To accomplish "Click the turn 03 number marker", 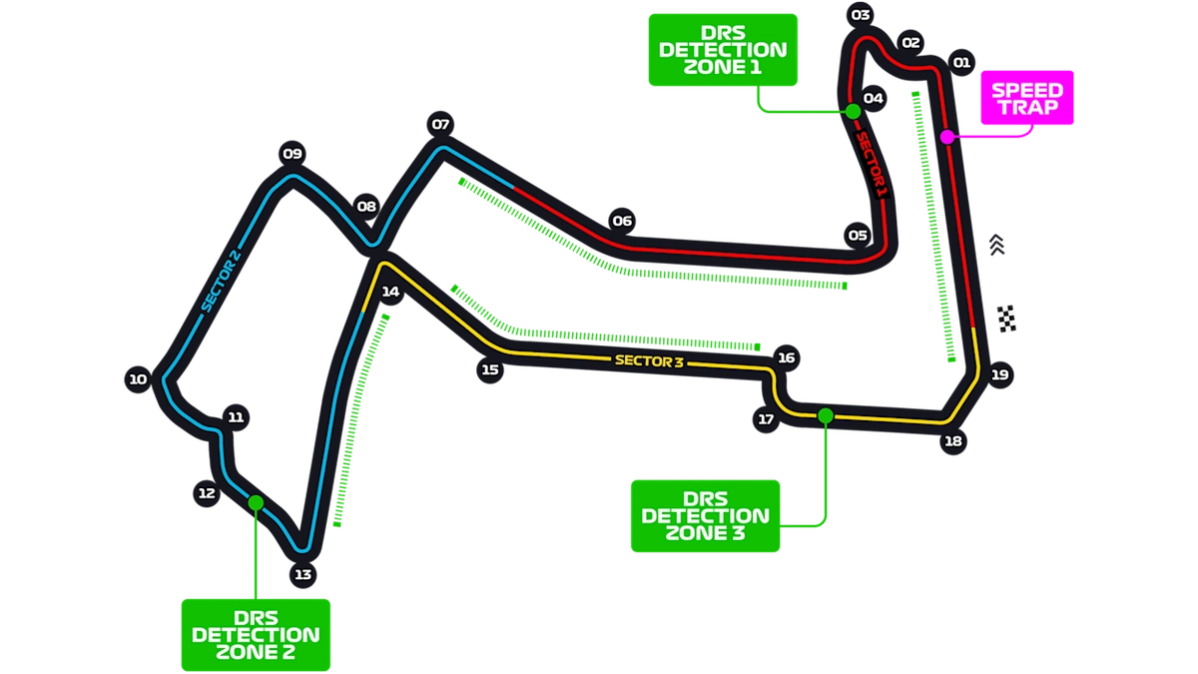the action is pos(861,15).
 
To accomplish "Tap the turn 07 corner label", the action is pos(440,125).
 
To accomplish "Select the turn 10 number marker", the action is pos(138,379).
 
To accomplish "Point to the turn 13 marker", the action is pos(303,574).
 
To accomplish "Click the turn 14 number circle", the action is pos(390,292).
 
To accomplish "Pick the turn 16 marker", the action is pos(787,357).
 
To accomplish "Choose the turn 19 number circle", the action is pos(1000,375).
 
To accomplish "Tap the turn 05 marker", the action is pos(858,236).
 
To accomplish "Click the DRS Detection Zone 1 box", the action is pos(723,50).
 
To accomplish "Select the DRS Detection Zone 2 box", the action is pos(256,635).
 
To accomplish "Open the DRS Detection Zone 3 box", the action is pos(706,516).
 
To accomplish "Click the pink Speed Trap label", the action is pos(1027,98).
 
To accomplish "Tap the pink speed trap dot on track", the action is pos(947,137).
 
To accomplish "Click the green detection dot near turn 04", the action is pos(853,111).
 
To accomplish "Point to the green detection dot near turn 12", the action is pos(256,503).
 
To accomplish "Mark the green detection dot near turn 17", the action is pos(826,415).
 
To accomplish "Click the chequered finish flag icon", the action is pos(1007,319).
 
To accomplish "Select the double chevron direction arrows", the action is pos(996,245).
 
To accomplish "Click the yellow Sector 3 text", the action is pos(649,361).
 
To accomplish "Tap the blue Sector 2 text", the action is pos(221,281).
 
